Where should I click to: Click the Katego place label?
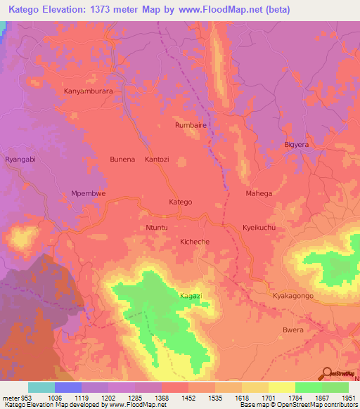click(x=181, y=202)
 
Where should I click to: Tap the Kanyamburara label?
click(x=89, y=91)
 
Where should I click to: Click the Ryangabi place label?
click(x=20, y=160)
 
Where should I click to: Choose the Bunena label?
click(x=122, y=160)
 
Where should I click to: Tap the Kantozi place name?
click(x=157, y=160)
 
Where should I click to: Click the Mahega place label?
click(x=259, y=193)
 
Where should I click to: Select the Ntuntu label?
click(x=157, y=228)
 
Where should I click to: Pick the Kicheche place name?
click(x=195, y=241)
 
